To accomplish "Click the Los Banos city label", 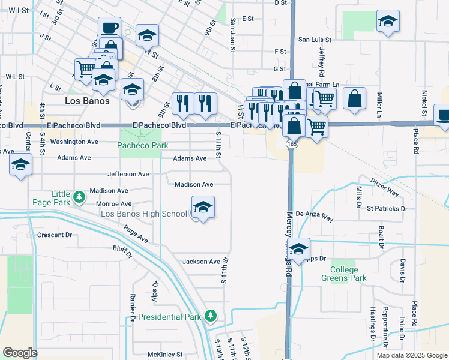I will click(87, 101).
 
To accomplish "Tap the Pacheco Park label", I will click(143, 145).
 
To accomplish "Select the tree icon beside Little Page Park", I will click(78, 197).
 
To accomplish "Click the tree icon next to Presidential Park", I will click(209, 316).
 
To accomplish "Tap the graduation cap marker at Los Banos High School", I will click(203, 208).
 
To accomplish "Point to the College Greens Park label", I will click(343, 274).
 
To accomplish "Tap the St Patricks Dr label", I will click(387, 209).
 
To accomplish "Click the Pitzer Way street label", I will click(384, 187).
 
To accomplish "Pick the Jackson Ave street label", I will click(202, 262).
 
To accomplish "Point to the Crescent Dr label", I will click(54, 235).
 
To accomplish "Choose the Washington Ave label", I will click(74, 142).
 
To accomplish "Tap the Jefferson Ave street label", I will click(128, 174).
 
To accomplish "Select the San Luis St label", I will click(315, 40).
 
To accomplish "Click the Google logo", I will click(20, 353).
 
